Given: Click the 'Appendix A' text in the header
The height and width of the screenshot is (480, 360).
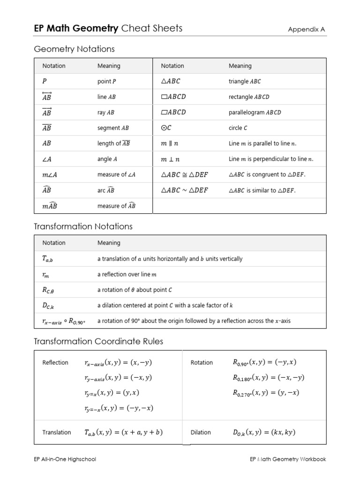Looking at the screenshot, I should coord(307,30).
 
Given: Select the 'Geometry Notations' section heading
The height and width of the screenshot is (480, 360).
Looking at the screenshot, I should coord(74,49).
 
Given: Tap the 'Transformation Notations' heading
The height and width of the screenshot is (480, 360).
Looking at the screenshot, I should coord(83,226).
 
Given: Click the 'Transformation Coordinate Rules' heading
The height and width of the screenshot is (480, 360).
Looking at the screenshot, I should coord(98,341).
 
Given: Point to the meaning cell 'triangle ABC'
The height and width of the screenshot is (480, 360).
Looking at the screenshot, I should coord(244,82).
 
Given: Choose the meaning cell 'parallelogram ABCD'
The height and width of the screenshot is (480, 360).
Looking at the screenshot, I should coord(255,112).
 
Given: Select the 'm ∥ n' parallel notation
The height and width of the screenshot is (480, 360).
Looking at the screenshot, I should coord(170,143).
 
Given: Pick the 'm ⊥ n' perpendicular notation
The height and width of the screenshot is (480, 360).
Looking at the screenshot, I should coord(170,159).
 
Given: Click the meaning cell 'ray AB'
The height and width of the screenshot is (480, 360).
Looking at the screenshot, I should coord(105,112).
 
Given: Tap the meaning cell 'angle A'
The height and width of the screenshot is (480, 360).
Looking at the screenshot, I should coord(107,159).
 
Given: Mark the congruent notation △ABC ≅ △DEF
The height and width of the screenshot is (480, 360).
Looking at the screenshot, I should coord(184,175).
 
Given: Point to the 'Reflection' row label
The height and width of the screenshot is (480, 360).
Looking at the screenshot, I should coord(55,362).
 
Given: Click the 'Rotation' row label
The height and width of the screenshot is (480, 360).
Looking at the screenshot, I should coord(202,362).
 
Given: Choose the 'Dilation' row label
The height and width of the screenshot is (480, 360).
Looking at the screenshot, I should coord(201,432).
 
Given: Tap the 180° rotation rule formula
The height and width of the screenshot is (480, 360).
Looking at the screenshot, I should coord(269,377).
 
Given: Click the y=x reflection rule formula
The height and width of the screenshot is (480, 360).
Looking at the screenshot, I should coord(112,393).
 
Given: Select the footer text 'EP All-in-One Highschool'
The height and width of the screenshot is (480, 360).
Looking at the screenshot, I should coord(65,459).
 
